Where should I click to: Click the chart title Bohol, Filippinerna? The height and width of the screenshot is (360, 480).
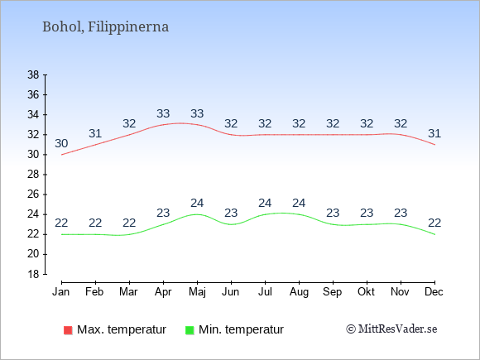(105, 27)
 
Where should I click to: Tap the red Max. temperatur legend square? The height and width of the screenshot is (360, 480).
(68, 330)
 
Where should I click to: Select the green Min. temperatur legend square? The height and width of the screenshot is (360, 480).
(190, 330)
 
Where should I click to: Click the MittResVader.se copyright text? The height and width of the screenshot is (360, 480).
(391, 329)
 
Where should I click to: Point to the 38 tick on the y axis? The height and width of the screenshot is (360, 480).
(34, 74)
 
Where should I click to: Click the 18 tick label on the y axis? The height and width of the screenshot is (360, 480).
(34, 274)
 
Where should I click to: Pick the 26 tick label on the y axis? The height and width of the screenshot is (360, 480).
(34, 194)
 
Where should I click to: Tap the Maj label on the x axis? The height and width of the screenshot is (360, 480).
(197, 292)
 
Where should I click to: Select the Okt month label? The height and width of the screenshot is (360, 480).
(366, 292)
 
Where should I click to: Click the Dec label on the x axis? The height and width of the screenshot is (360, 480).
(434, 292)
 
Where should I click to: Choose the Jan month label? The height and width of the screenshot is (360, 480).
(61, 292)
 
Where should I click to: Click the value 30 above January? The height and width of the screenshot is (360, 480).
(61, 143)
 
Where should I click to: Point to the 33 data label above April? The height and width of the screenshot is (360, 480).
(163, 113)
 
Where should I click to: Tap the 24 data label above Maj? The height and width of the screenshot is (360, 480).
(197, 203)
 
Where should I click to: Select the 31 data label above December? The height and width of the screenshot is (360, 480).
(434, 133)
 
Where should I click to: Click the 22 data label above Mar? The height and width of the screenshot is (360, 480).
(129, 223)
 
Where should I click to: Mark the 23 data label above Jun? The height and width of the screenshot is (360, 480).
(231, 213)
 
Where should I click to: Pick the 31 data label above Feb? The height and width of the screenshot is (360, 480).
(95, 133)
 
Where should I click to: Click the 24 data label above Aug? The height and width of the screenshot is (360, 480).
(299, 203)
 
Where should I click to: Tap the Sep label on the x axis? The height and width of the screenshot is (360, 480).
(333, 292)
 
